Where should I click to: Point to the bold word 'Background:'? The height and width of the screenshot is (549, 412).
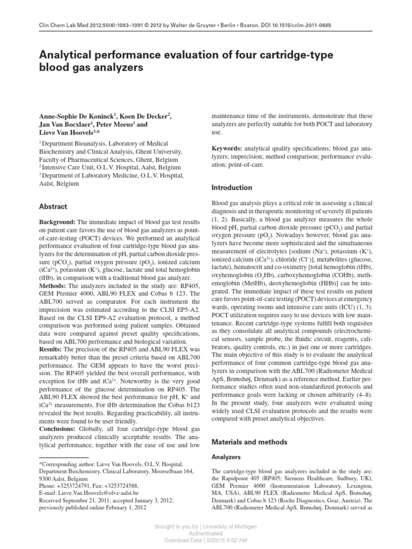[58, 222]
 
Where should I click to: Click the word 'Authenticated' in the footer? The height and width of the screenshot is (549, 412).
[207, 534]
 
